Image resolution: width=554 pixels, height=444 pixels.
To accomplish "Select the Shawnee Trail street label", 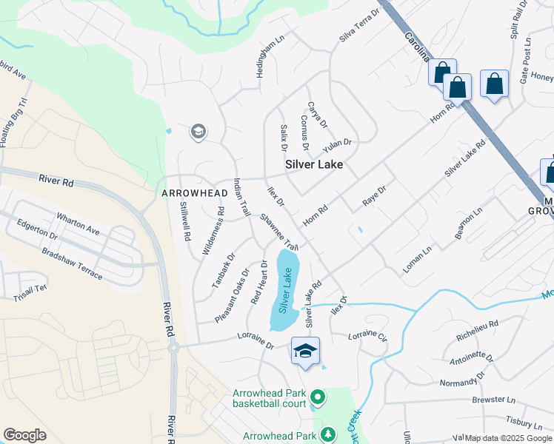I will pyautogui.click(x=279, y=232).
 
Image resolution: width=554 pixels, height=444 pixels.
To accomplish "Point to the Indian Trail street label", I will pyautogui.click(x=241, y=198).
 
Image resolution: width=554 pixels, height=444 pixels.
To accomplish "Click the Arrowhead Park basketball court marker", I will pyautogui.click(x=318, y=398).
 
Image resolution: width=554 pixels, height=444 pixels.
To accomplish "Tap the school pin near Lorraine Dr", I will pyautogui.click(x=305, y=351).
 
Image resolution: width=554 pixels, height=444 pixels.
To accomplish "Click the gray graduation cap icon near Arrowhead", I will pyautogui.click(x=197, y=132).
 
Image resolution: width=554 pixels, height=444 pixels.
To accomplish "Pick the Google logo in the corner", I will pyautogui.click(x=24, y=435).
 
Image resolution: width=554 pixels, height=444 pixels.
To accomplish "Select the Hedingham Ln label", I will pyautogui.click(x=267, y=55).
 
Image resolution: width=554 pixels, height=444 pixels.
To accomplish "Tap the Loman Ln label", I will pyautogui.click(x=416, y=260).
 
